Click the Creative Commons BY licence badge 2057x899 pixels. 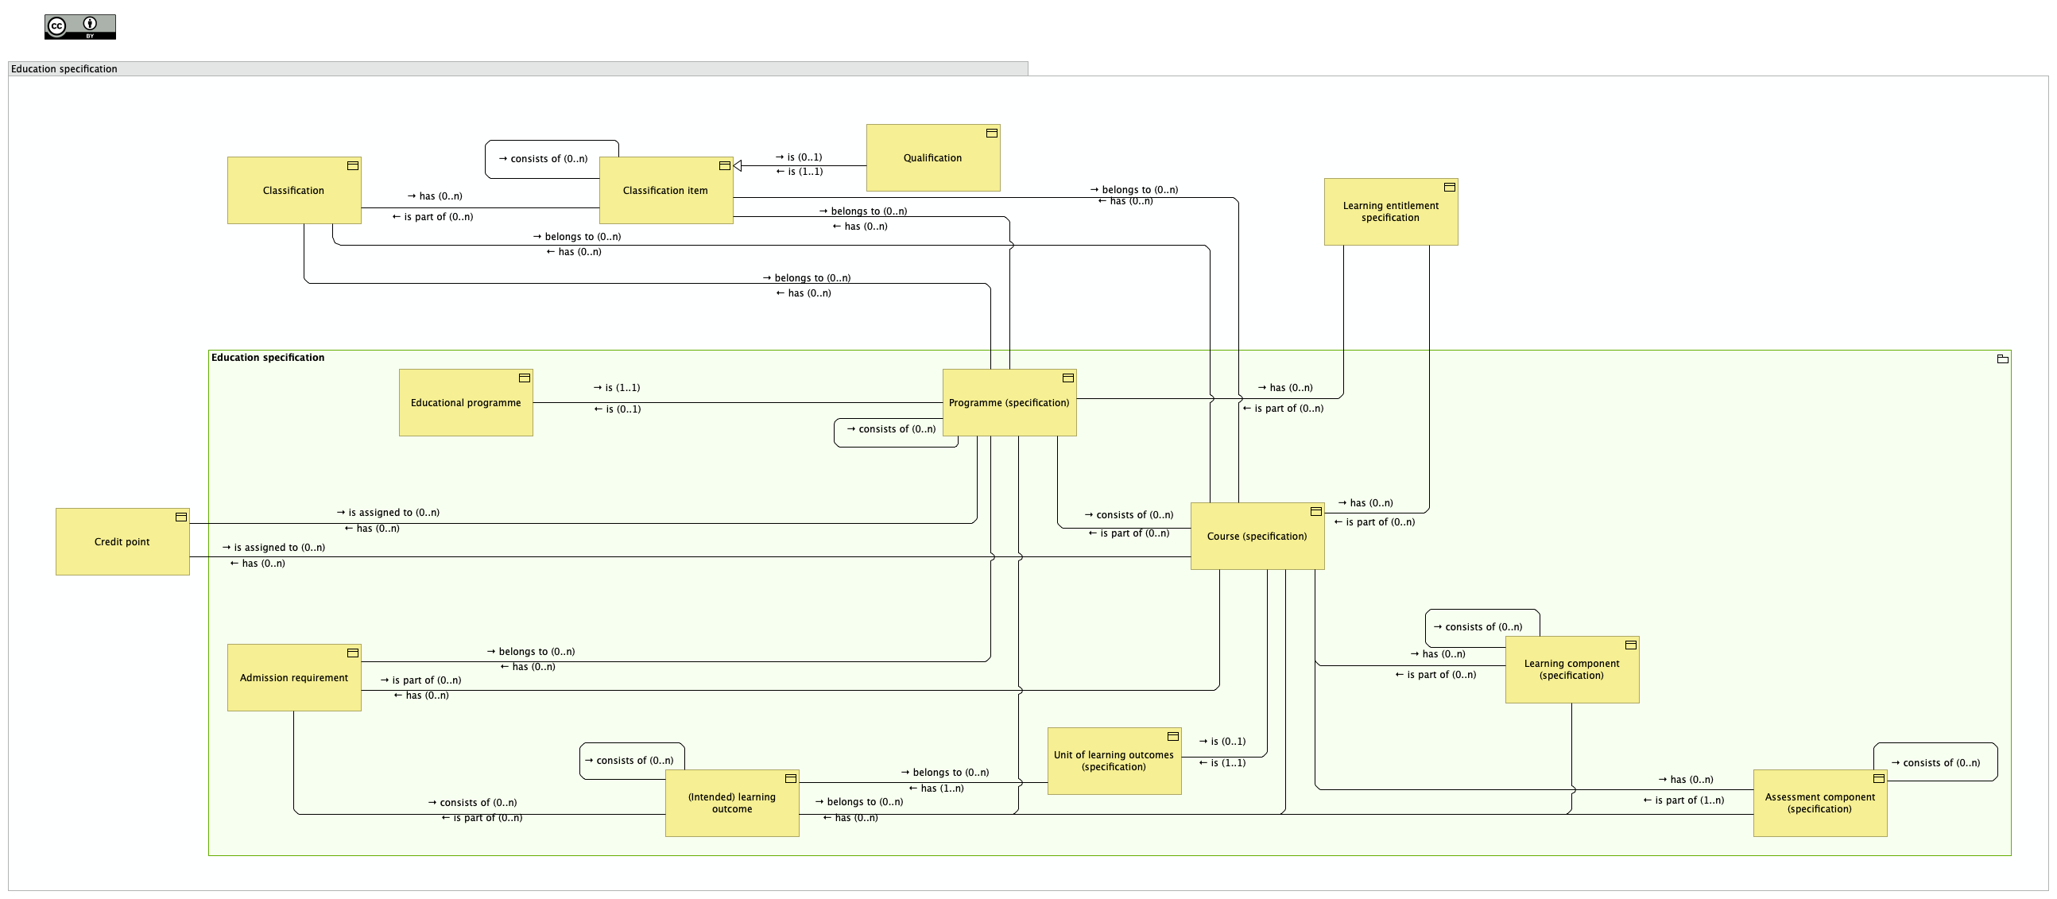click(79, 26)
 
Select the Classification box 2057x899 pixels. click(294, 190)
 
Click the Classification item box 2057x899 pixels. click(665, 190)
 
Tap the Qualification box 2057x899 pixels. click(932, 157)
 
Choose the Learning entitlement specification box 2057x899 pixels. click(1390, 211)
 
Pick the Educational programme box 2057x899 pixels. click(466, 402)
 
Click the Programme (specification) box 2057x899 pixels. click(1009, 402)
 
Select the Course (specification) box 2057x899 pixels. click(1257, 536)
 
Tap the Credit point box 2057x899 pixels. click(122, 541)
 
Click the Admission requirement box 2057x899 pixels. click(294, 677)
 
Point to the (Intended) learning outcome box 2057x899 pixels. click(731, 802)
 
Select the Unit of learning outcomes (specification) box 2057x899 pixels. click(1113, 760)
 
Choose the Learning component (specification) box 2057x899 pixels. click(1571, 669)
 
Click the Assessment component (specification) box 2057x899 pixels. click(1819, 802)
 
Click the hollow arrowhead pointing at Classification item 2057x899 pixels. click(738, 166)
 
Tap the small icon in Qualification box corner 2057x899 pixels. click(991, 134)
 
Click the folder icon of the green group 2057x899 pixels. click(2002, 358)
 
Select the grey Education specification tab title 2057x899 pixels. click(64, 68)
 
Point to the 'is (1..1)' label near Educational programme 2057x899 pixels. click(617, 387)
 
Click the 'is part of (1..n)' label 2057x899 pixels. click(1683, 800)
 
